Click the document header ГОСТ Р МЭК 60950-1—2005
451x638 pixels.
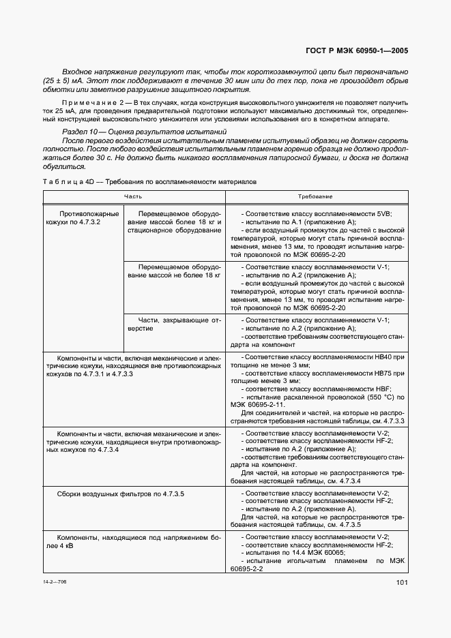tap(358, 50)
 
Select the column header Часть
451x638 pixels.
tap(133, 196)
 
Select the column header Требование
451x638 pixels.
tap(315, 196)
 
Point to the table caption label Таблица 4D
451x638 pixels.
tap(68, 182)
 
